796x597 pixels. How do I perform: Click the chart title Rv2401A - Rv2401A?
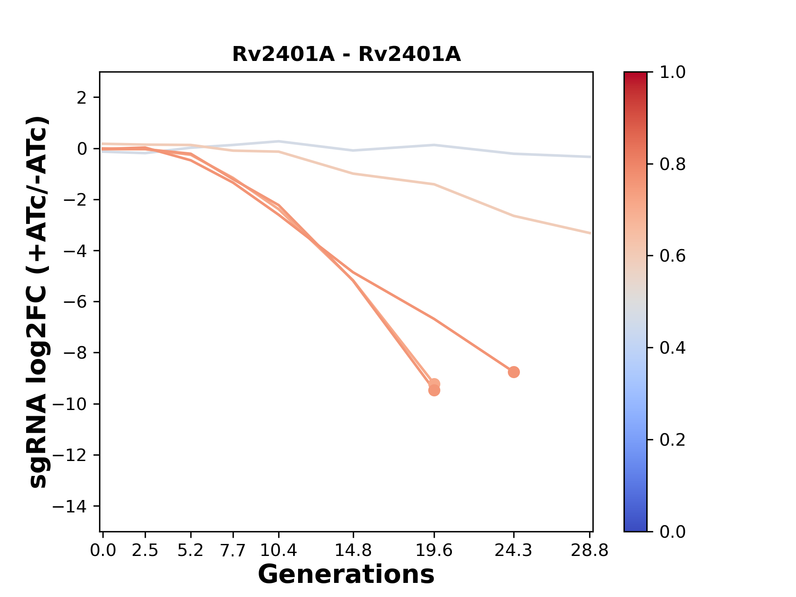(x=346, y=54)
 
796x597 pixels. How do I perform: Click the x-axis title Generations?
(x=346, y=575)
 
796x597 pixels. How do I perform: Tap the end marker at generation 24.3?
(x=514, y=372)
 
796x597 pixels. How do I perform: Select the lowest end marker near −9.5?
(x=434, y=391)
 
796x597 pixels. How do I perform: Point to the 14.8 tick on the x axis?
(x=353, y=551)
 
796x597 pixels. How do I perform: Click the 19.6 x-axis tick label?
(x=434, y=551)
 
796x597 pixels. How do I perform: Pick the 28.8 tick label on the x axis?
(x=590, y=551)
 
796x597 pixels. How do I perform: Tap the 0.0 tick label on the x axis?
(x=103, y=551)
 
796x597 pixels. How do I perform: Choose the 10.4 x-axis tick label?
(x=279, y=551)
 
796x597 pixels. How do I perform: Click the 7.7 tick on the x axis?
(x=233, y=551)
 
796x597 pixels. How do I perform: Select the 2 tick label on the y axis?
(x=82, y=98)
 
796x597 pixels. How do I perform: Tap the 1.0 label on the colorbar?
(x=672, y=73)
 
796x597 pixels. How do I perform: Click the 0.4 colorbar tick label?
(x=672, y=348)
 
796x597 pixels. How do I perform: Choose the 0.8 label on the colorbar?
(x=672, y=165)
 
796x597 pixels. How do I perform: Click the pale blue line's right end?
(x=590, y=157)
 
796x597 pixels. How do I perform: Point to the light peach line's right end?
(x=590, y=233)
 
